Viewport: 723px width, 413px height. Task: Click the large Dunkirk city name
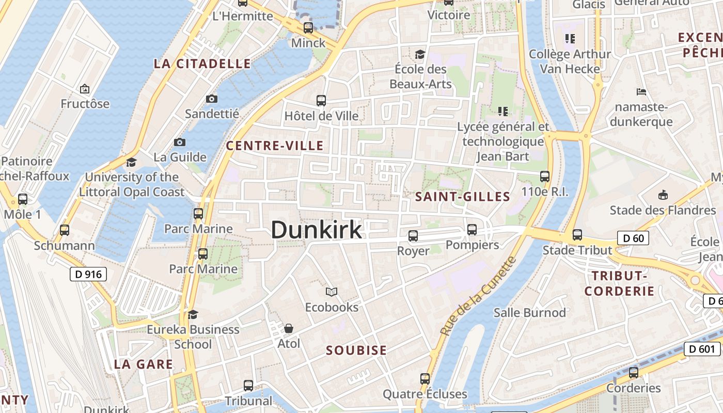pos(316,230)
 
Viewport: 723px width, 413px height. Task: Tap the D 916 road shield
pos(88,274)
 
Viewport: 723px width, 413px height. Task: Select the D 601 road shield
pos(702,349)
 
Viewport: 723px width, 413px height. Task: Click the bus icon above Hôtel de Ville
pos(321,101)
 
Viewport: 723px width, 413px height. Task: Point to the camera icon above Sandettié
pos(211,99)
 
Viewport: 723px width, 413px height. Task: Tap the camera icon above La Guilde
pos(180,142)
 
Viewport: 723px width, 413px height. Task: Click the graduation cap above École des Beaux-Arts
pos(419,54)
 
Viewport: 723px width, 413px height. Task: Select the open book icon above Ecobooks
pos(332,292)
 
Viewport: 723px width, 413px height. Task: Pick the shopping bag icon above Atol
pos(289,328)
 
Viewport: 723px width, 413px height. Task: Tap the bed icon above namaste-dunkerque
pos(641,92)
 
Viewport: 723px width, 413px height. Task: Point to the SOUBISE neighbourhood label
pos(356,351)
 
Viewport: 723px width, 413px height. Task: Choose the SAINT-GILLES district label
pos(463,197)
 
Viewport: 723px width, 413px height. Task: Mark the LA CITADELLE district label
pos(202,64)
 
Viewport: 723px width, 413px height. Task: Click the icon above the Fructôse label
pos(85,89)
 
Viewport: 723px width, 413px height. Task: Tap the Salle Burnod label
pos(530,312)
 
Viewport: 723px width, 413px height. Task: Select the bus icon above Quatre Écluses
pos(425,379)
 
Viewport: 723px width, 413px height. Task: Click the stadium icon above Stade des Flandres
pos(663,195)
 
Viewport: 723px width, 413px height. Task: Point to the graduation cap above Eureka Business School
pos(193,314)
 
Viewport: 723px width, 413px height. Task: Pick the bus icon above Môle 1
pos(22,199)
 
